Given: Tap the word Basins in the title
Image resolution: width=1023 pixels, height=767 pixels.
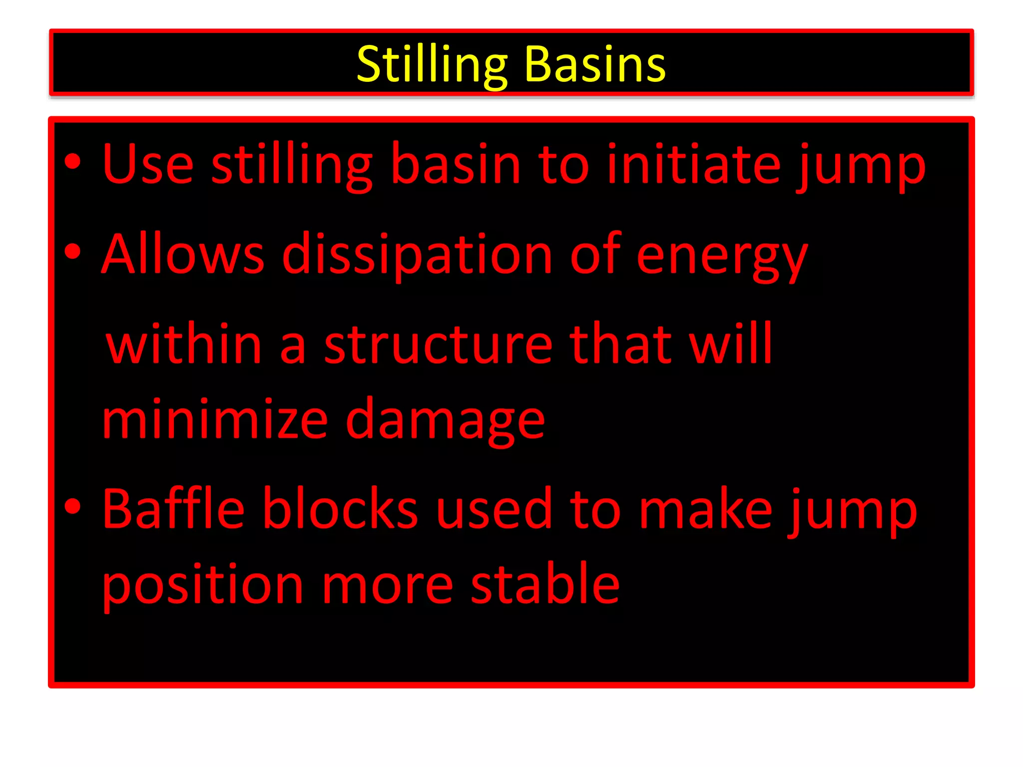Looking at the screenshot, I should click(x=595, y=65).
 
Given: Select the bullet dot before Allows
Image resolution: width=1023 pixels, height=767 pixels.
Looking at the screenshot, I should click(x=73, y=252).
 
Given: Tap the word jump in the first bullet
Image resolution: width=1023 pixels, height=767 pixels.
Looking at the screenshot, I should click(x=861, y=167).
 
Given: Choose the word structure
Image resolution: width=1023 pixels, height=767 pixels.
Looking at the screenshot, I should click(x=438, y=345).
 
